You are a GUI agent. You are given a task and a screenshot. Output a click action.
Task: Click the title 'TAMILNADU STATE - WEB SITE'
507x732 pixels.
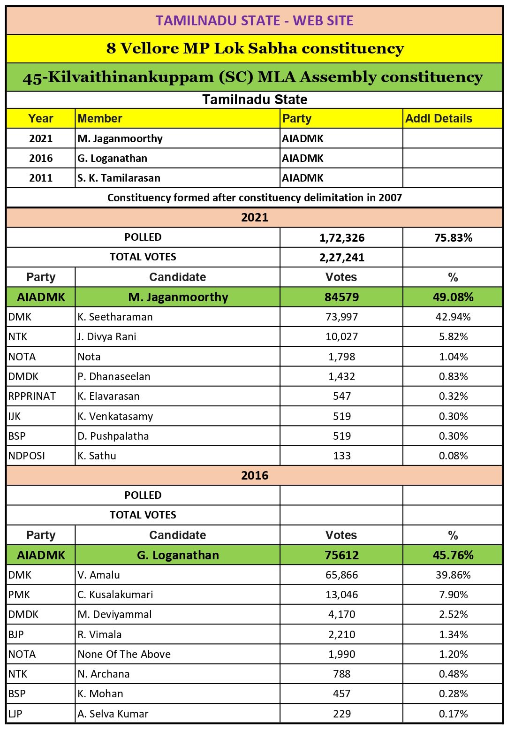coord(254,21)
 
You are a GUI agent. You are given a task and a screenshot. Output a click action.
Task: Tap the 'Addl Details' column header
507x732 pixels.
coord(439,119)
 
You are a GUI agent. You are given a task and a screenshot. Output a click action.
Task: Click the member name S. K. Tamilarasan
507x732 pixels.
coord(119,178)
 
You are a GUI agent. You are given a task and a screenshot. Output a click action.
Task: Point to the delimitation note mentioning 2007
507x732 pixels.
coord(254,198)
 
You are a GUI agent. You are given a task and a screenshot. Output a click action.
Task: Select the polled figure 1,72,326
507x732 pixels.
coord(341,238)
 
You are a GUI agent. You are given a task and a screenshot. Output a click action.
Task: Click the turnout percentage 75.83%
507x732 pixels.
coord(453,238)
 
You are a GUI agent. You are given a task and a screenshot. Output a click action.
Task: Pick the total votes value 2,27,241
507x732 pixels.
coord(341,258)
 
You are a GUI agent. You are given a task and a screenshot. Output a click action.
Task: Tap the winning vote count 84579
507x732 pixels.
coord(341,297)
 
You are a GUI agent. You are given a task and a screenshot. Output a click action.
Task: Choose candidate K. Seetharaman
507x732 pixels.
coord(115,317)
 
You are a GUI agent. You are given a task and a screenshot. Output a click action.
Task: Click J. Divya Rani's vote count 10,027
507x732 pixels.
coord(341,336)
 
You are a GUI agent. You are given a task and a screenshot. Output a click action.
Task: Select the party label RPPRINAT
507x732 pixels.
coord(32,396)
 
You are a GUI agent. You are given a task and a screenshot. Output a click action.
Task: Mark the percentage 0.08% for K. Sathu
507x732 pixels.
coord(453,456)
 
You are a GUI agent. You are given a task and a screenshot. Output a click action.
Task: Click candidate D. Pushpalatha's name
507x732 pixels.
coord(114,436)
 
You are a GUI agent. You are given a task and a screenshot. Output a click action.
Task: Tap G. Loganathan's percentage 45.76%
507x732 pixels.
coord(453,555)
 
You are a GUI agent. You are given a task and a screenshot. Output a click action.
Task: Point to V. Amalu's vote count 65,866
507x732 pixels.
coord(341,575)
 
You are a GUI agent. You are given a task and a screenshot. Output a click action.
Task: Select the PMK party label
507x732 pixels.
coord(19,595)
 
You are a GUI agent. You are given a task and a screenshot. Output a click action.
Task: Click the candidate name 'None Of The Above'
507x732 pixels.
coord(124,654)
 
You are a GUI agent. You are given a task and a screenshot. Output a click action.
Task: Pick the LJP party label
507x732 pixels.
coord(15,714)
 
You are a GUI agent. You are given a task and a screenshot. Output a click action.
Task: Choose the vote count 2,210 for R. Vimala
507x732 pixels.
coord(341,634)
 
